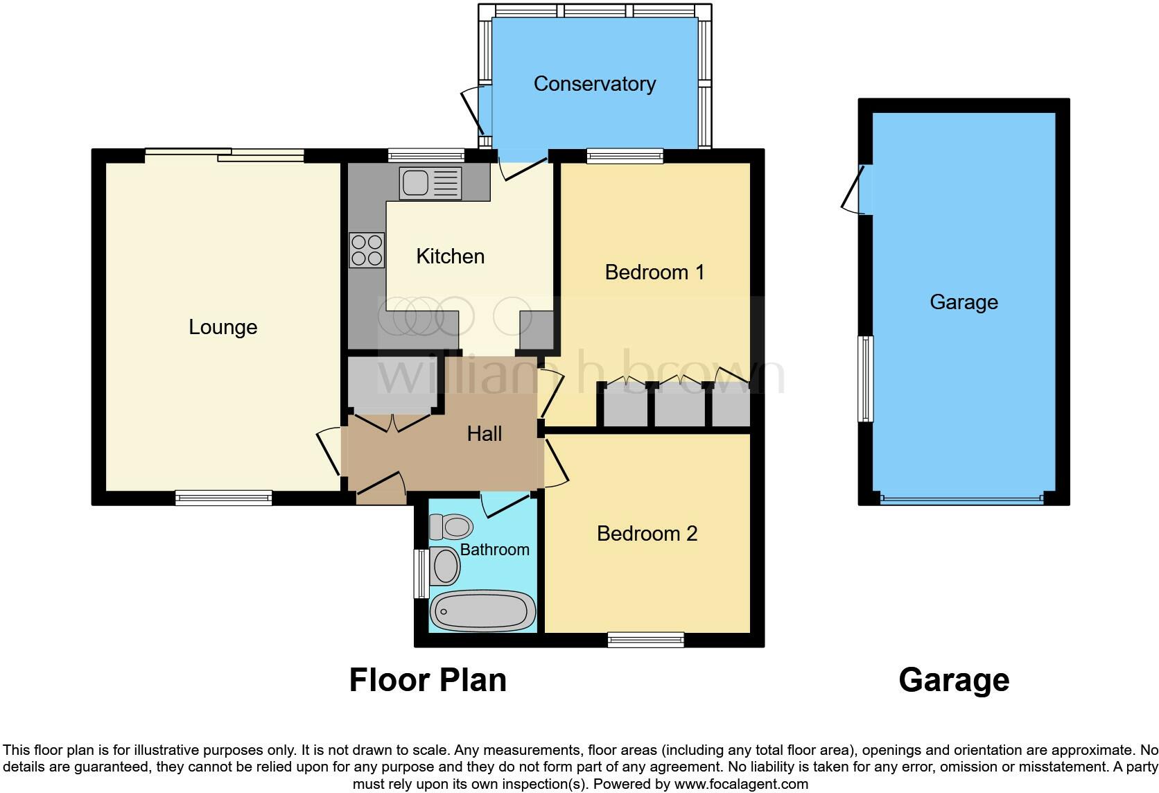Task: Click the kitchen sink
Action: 429,183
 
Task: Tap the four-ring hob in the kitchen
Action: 367,250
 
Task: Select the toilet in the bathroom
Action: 451,527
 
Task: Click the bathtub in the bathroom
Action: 482,611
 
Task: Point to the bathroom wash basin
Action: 444,566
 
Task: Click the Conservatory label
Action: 594,84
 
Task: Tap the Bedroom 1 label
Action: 654,272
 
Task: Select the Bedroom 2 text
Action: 647,533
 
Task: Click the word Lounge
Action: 223,327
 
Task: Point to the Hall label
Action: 484,434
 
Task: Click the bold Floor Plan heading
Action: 428,680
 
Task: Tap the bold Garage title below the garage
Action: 953,680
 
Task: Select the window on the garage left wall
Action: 865,378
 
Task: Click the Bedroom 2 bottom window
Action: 645,640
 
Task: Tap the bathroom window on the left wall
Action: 421,573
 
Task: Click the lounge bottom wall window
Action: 223,498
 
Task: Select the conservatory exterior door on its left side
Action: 476,111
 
